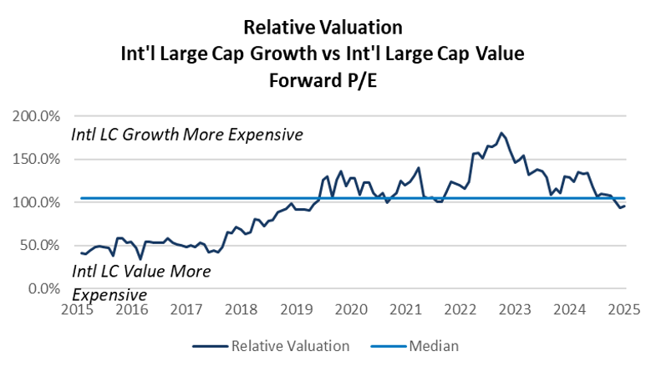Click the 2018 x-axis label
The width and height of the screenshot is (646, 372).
tap(240, 309)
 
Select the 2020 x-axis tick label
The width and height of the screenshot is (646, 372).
tap(349, 309)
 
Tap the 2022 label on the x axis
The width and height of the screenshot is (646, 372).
tap(460, 309)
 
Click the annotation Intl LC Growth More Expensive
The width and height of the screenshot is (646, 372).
tap(186, 135)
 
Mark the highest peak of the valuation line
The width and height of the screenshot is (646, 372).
tap(501, 133)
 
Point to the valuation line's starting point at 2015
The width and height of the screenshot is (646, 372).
tap(81, 252)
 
